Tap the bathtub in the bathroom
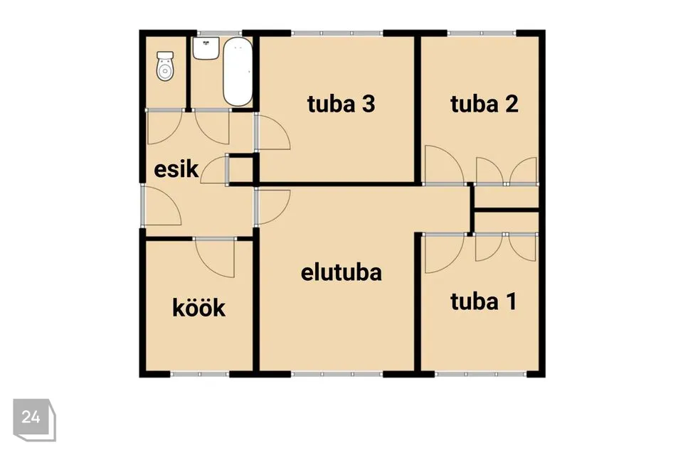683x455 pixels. coord(238,71)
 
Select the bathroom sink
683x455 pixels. coord(206,48)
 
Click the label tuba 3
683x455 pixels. coord(341,104)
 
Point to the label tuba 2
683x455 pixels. coord(485,104)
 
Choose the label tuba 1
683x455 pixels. coord(484,301)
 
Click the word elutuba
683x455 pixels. coord(341,272)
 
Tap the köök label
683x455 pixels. coord(199,308)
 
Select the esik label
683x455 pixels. coord(176,169)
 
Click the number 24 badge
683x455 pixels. coord(33,419)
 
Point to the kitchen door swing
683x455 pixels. coord(214,258)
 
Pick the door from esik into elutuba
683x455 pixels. coord(273,208)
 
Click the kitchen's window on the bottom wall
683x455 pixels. coord(199,374)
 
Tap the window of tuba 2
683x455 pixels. coord(482,33)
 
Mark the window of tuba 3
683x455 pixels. coord(337,33)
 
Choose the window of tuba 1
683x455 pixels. coord(481,374)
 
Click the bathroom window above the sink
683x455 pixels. coord(219,33)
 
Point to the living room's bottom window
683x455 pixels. coord(337,374)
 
